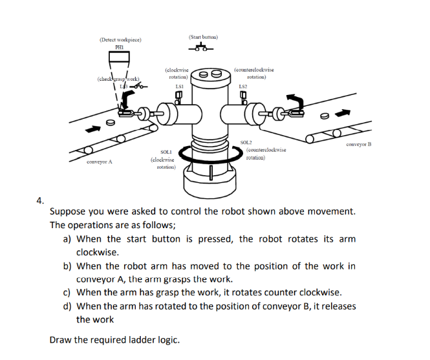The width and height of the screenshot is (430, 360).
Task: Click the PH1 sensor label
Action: (x=120, y=46)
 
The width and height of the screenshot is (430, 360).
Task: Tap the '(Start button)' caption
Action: (x=204, y=37)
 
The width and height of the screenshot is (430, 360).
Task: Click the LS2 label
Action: (x=242, y=85)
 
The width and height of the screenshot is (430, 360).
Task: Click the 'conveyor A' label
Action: (x=100, y=162)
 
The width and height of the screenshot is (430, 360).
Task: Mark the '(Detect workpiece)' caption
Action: (x=120, y=39)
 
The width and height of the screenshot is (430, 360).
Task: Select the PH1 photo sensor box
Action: (x=120, y=56)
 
